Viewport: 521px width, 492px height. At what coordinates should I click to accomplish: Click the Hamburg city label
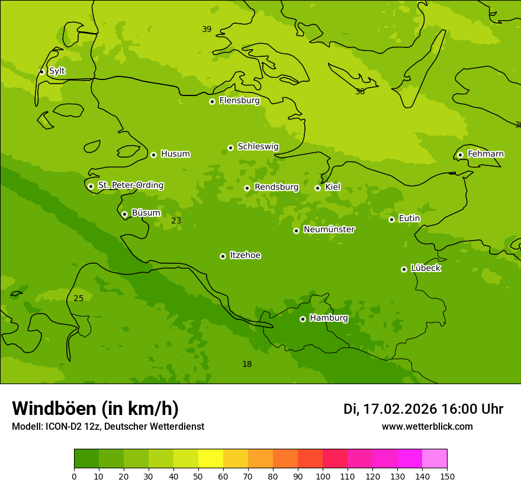coord(329,318)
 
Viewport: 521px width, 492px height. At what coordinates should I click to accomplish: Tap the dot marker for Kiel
coord(317,188)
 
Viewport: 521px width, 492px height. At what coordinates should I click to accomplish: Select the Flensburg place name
coord(239,101)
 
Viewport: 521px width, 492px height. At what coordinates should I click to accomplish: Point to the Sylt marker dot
coord(41,72)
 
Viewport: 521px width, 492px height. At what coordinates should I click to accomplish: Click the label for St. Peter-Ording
coord(130,186)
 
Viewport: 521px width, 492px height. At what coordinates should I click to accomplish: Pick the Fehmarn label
coord(485,154)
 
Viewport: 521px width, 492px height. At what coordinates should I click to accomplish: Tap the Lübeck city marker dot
coord(404,269)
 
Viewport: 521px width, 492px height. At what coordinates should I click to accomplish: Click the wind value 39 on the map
coord(207,29)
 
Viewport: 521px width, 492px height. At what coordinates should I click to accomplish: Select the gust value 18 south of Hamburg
coord(247,364)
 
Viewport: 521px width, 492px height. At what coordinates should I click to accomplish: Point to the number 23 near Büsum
coord(176,221)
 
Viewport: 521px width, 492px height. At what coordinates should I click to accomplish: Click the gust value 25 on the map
coord(78,298)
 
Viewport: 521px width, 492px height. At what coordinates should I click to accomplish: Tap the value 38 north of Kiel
coord(360,91)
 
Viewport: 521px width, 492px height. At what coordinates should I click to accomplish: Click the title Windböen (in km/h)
coord(95,408)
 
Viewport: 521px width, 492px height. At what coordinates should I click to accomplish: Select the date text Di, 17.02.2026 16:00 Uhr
coord(423,409)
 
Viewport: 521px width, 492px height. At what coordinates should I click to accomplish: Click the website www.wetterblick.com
coord(427,427)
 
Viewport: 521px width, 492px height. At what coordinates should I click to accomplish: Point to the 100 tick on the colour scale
coord(323,476)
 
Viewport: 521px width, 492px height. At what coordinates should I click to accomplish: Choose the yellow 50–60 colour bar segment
coord(211,459)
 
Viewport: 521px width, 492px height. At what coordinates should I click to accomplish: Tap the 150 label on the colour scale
coord(446,476)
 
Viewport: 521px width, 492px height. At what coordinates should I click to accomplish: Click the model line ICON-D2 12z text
coord(108,427)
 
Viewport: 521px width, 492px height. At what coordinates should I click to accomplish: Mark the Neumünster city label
coord(329,229)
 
